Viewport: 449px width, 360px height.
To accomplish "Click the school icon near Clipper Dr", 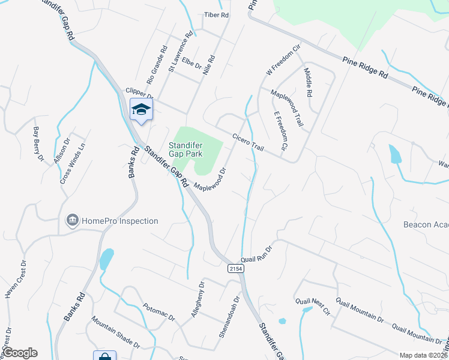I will click(141, 110).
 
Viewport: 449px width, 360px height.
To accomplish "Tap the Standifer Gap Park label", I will click(186, 149).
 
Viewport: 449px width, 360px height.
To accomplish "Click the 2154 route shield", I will click(235, 269).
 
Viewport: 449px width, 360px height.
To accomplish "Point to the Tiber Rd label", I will click(217, 14).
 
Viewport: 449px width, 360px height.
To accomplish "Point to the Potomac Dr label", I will click(159, 313).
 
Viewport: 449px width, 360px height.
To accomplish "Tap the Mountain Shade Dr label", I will click(115, 334).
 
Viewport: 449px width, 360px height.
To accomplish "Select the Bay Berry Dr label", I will click(38, 144).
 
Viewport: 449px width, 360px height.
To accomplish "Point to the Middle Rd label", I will click(309, 82).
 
